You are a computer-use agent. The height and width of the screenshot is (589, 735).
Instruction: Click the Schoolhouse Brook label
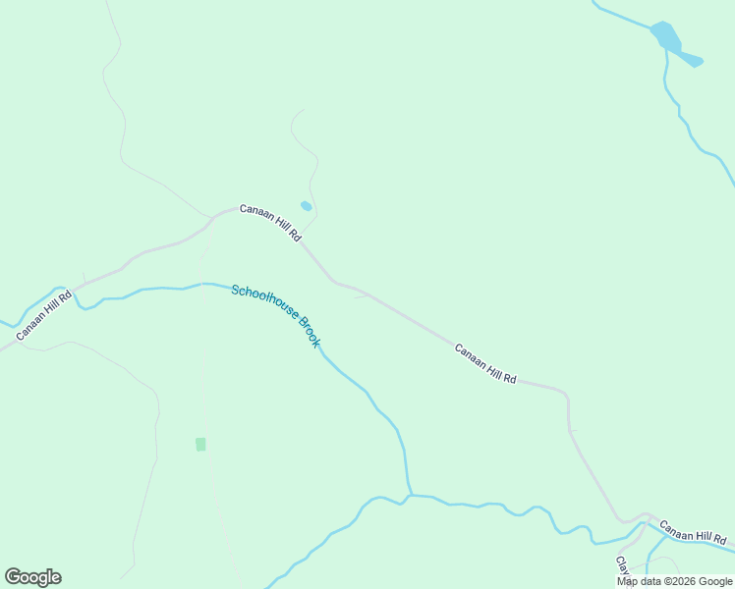(276, 315)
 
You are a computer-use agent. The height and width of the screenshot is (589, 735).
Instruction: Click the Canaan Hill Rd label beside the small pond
(270, 224)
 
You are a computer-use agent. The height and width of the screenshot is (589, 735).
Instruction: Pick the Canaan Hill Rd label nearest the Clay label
(693, 533)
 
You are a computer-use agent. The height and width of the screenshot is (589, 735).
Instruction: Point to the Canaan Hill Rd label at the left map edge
(43, 316)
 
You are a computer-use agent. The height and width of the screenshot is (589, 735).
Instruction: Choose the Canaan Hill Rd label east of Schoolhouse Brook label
(485, 363)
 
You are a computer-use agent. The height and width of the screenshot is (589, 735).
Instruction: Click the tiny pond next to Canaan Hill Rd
(306, 206)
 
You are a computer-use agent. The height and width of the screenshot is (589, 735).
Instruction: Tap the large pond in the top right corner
(665, 36)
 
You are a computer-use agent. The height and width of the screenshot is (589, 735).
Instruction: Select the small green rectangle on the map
(200, 444)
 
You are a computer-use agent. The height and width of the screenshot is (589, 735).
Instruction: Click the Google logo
(32, 577)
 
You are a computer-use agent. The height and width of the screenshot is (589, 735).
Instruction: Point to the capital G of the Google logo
(13, 577)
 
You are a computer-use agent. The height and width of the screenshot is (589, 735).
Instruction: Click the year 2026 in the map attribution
(682, 581)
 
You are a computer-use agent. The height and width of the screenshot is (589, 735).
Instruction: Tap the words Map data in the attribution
(639, 581)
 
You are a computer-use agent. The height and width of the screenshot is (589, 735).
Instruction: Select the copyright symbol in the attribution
(665, 581)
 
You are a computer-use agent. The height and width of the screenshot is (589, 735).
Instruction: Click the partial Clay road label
(622, 566)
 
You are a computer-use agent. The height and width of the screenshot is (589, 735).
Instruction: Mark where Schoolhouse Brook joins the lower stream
(410, 495)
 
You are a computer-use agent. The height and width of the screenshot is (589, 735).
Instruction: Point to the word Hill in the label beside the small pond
(277, 227)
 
